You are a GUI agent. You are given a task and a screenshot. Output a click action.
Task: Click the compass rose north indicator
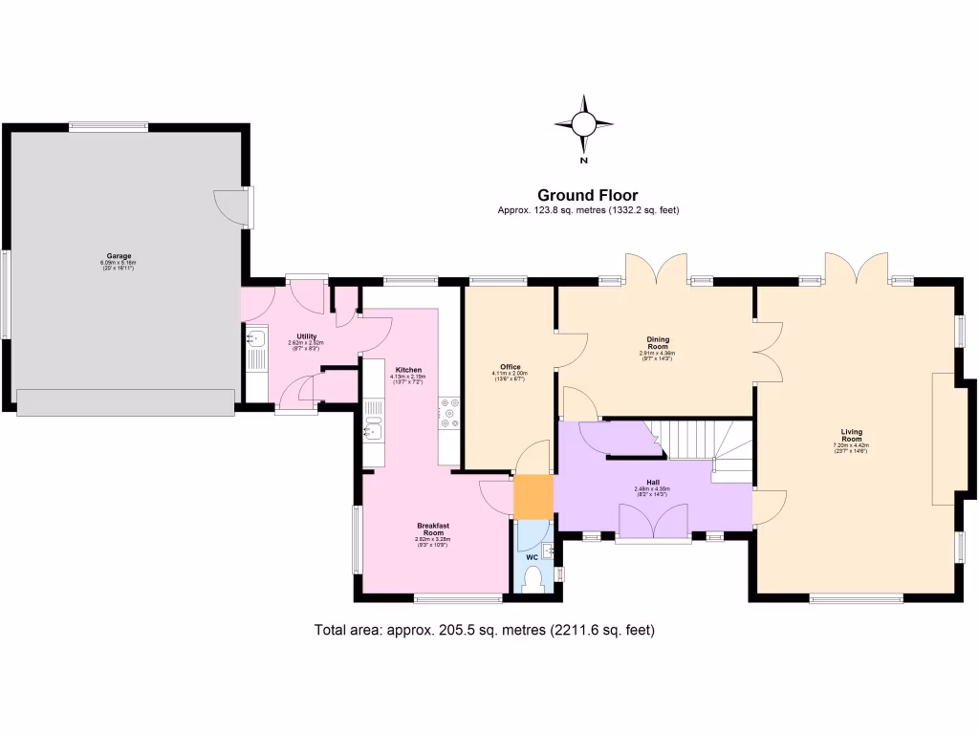tap(583, 124)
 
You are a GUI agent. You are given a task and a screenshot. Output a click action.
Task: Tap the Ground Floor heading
tap(587, 195)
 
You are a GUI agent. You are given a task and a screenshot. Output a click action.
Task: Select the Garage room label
tap(120, 256)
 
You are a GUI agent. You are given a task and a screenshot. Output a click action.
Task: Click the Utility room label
tap(306, 336)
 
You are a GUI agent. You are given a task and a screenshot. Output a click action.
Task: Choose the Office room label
tap(510, 367)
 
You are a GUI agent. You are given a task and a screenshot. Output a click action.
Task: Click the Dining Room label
tap(658, 343)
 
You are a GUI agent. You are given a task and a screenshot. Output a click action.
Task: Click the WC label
tap(532, 557)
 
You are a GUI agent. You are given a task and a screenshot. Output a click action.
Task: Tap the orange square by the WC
tap(533, 496)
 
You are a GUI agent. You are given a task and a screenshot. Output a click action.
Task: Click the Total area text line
tap(484, 630)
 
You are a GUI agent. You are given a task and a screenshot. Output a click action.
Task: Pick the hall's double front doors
tap(653, 523)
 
